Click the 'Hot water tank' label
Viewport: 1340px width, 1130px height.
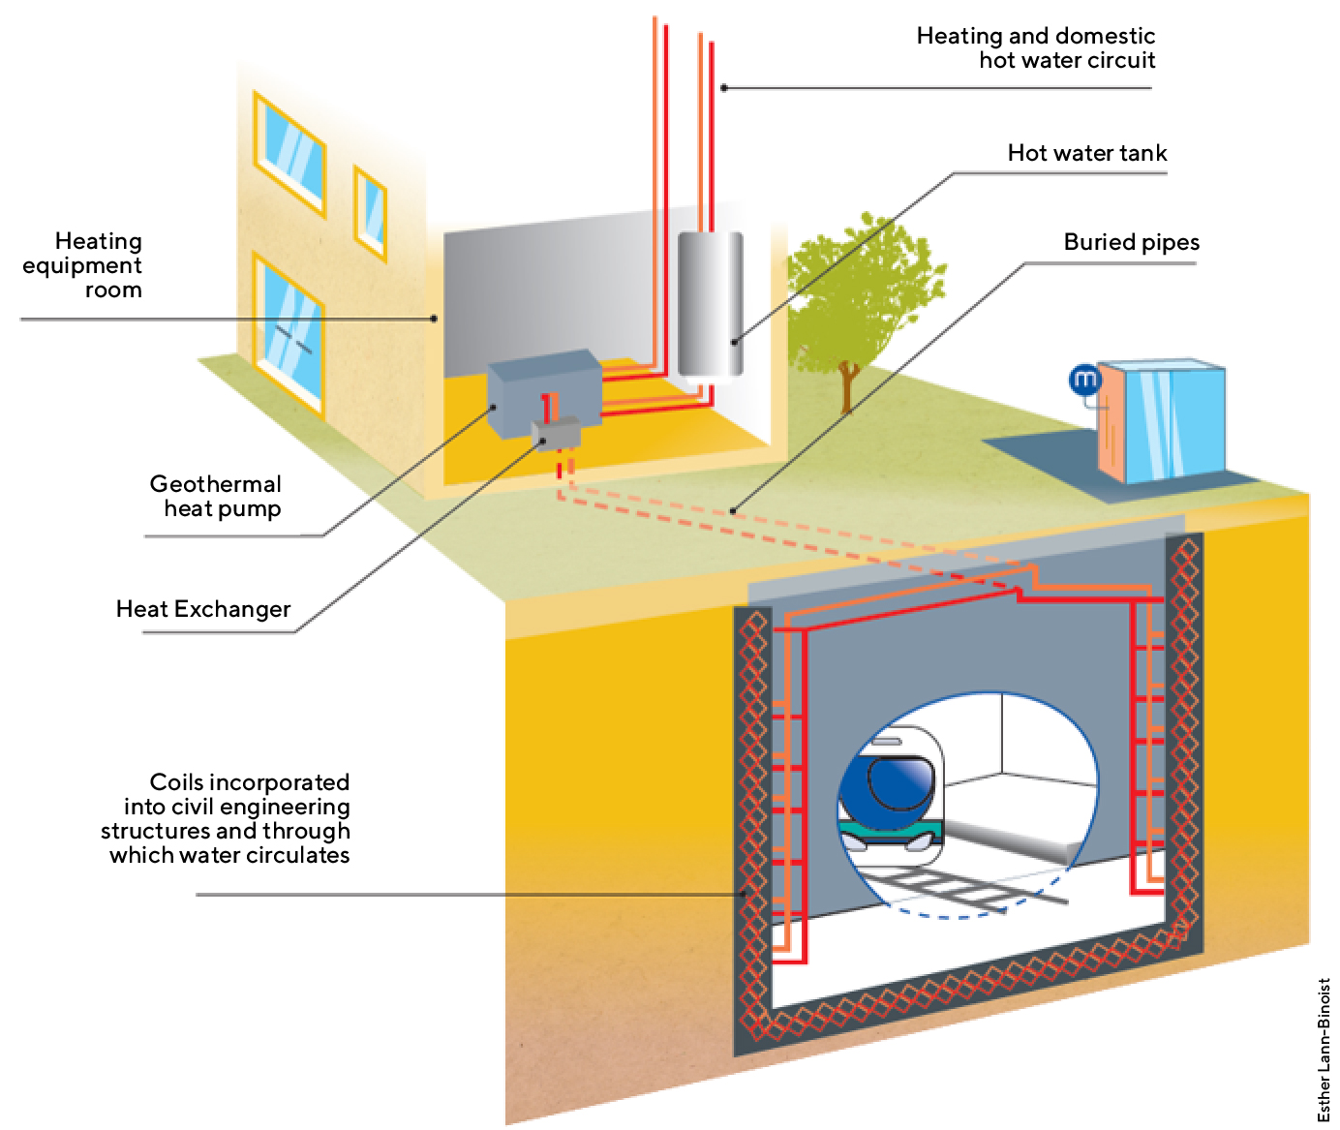click(x=1086, y=153)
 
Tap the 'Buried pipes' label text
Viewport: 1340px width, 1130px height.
click(x=1131, y=242)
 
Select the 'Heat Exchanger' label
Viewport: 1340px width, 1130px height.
click(x=203, y=609)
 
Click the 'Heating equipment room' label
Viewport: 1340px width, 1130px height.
click(x=97, y=264)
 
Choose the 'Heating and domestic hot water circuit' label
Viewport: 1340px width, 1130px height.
click(x=1036, y=48)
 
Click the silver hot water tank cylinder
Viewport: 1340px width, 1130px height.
click(x=710, y=304)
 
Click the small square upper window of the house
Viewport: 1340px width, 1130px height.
click(x=370, y=208)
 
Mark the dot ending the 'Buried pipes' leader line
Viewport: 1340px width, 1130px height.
click(x=735, y=510)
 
